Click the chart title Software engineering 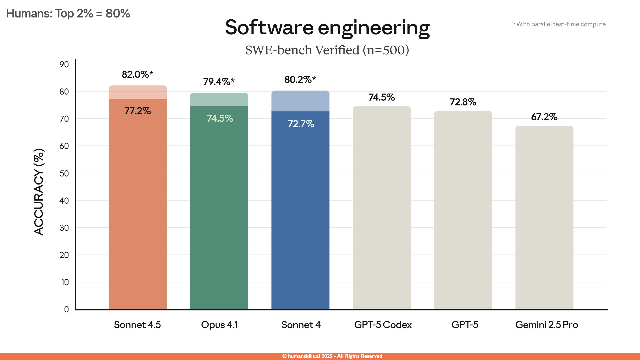[327, 27]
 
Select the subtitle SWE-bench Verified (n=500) [327, 50]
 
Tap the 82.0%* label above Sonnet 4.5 [137, 74]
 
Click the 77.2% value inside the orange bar [137, 111]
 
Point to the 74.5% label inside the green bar [220, 118]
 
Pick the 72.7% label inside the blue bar [301, 124]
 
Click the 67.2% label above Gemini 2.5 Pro [544, 117]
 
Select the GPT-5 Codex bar [382, 207]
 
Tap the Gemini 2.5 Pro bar [544, 217]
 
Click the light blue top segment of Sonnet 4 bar [300, 101]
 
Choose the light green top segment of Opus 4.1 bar [219, 100]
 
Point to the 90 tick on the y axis [64, 64]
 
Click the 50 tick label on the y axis [64, 173]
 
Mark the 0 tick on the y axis [66, 309]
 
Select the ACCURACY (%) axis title [39, 192]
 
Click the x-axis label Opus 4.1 [219, 325]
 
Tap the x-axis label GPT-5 [465, 325]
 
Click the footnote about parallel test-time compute [559, 24]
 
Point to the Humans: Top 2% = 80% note [68, 13]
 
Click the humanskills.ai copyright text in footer [332, 356]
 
